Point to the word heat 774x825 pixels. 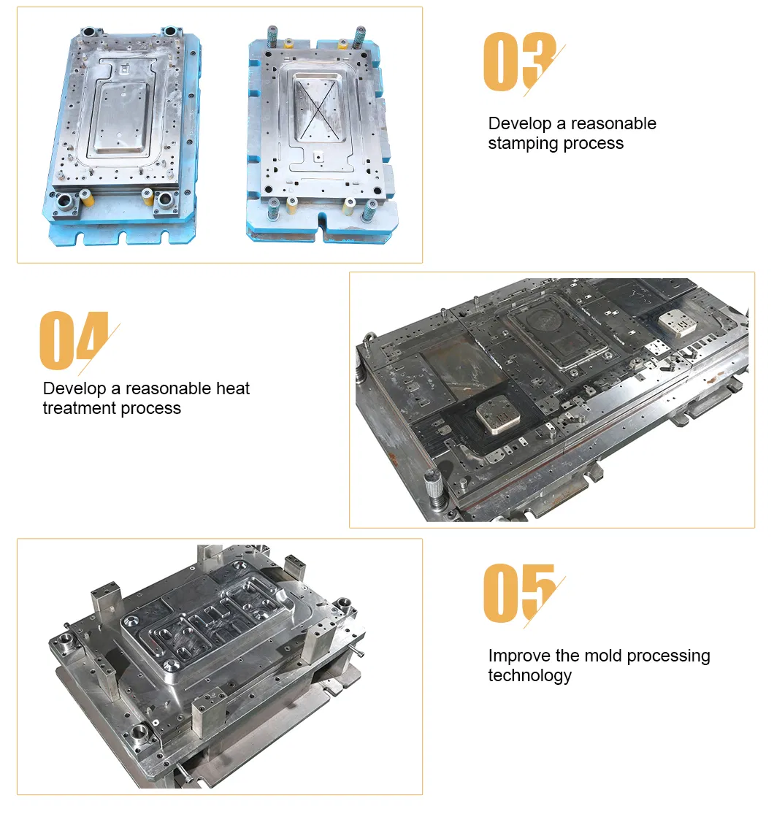233,388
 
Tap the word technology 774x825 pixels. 529,675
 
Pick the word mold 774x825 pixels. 604,656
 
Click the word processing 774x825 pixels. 668,656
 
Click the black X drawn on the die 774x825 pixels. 315,110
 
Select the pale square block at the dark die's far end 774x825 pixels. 677,323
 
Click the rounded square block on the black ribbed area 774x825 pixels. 498,415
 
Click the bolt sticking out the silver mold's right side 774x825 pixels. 357,653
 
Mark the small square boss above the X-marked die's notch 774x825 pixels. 318,157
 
